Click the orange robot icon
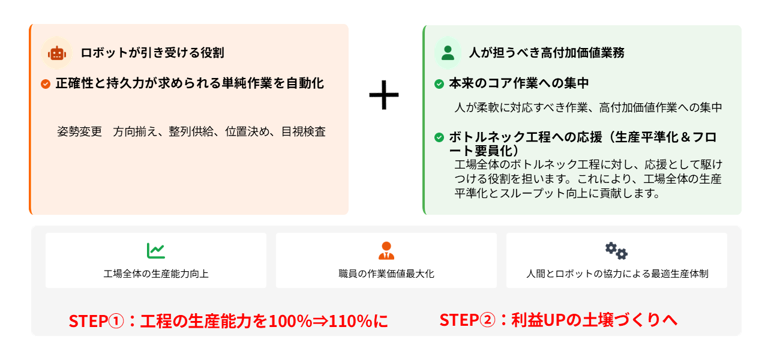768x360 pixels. point(57,53)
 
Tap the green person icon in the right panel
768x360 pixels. point(448,53)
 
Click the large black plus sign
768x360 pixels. point(383,95)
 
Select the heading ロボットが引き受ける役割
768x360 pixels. point(152,53)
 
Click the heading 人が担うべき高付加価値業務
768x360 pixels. point(547,53)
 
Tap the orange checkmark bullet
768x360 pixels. point(46,83)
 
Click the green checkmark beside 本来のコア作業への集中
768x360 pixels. point(439,83)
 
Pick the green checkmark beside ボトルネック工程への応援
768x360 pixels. point(439,137)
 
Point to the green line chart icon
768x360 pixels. point(155,251)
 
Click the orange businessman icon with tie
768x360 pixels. point(386,251)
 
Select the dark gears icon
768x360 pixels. point(616,251)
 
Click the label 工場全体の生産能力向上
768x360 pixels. point(156,274)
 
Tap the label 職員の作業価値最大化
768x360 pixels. point(386,274)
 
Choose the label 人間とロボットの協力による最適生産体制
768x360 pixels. point(617,274)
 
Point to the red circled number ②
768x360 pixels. point(488,320)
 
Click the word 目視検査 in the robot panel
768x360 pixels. point(304,131)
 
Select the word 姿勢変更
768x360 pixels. point(80,131)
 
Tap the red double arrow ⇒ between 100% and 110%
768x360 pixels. point(320,322)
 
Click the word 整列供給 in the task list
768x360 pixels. point(191,131)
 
